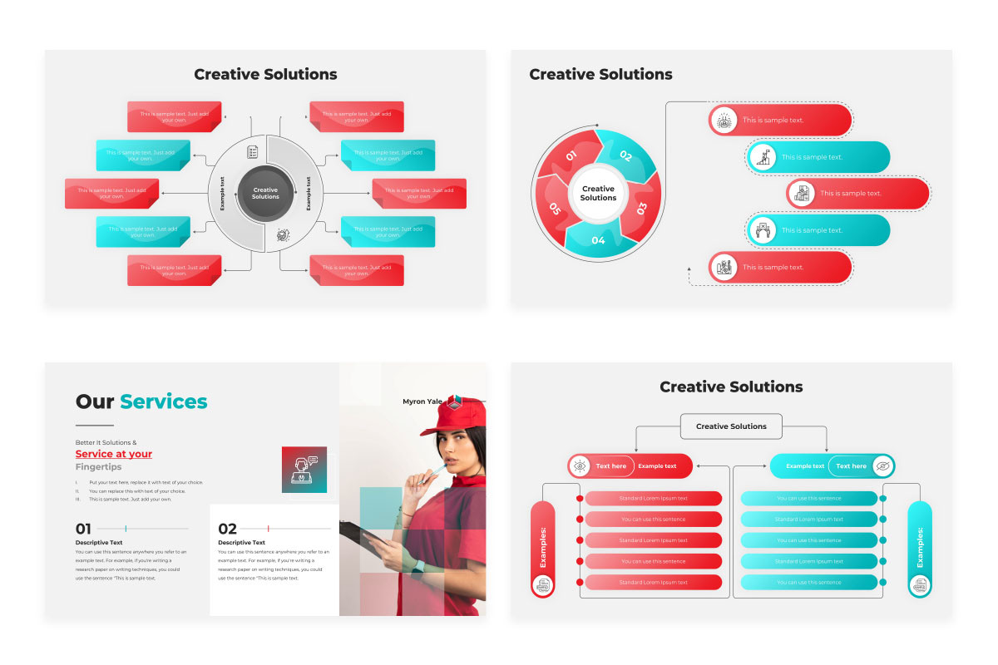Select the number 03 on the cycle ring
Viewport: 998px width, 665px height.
tap(642, 208)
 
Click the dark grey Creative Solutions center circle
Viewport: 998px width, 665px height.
tap(265, 194)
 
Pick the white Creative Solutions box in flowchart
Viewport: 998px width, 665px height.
tap(731, 426)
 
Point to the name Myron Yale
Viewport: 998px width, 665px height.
tap(422, 401)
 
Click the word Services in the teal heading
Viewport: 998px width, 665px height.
tap(164, 402)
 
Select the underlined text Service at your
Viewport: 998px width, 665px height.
tap(114, 454)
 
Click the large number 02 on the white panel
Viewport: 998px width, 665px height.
tap(228, 529)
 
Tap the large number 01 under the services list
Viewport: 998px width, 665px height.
tap(83, 529)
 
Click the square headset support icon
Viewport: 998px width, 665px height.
tap(304, 470)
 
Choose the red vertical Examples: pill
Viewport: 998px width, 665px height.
tap(542, 548)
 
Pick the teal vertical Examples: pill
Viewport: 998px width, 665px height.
tap(920, 548)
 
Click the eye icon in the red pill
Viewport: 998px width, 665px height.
tap(580, 466)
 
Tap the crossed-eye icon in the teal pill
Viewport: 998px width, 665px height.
tap(883, 466)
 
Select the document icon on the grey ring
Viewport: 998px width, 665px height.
tap(252, 153)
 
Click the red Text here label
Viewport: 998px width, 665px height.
tap(611, 466)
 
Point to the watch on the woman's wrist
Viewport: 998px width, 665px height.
tap(418, 567)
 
